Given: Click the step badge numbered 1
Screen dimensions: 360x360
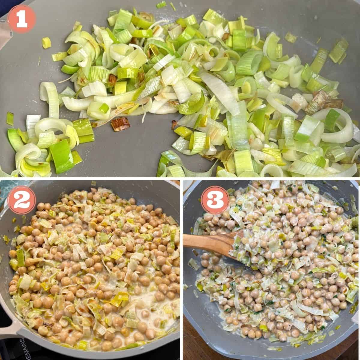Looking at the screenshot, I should (22, 19).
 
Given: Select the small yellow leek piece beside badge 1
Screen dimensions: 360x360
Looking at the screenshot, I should (46, 43).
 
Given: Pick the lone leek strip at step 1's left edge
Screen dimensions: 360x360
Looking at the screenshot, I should (10, 118).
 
